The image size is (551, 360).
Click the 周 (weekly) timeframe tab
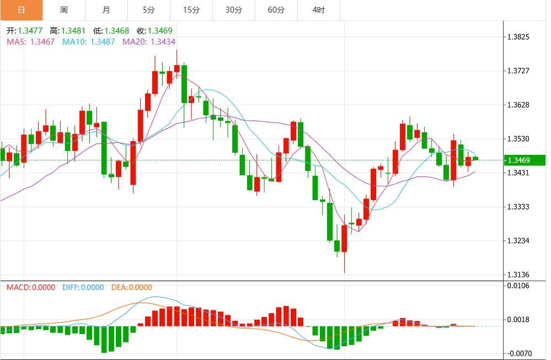click(63, 10)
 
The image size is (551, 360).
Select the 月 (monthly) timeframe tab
click(106, 10)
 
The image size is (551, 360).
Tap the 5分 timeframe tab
click(148, 10)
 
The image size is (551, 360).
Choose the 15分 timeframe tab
click(191, 10)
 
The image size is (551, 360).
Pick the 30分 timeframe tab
click(234, 10)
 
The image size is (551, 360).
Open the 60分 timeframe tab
click(276, 10)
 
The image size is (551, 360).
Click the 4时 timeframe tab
click(318, 10)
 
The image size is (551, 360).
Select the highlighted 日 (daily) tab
click(21, 10)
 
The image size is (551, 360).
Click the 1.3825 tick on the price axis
click(518, 37)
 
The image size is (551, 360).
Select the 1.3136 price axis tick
click(518, 275)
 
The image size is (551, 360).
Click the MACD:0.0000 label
click(30, 287)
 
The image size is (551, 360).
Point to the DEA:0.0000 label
click(131, 287)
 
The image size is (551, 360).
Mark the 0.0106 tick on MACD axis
click(518, 286)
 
